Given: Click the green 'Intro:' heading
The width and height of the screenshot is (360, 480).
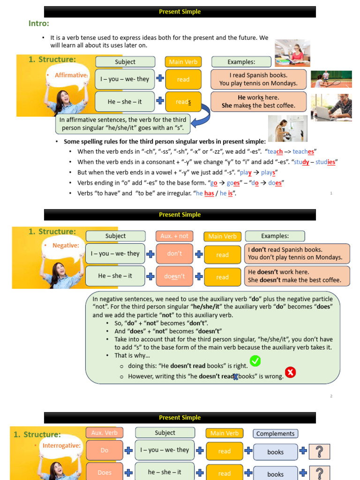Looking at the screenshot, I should (39, 23).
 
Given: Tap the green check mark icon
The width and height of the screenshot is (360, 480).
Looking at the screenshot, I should (255, 361).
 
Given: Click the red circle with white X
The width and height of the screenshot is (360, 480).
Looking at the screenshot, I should (290, 373).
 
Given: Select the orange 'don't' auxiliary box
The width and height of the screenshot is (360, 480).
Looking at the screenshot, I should (174, 254).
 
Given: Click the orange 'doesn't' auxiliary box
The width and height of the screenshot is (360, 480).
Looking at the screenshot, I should (174, 277).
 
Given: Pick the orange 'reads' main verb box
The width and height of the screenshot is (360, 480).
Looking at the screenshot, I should (183, 102).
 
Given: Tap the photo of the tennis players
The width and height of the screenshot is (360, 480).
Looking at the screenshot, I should (331, 79).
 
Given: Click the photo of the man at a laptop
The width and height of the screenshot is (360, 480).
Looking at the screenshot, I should (331, 106).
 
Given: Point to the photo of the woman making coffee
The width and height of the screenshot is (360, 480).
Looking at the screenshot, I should (287, 128).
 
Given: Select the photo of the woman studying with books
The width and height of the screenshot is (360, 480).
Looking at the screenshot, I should (292, 52).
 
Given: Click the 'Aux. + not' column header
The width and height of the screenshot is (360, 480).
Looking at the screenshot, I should (174, 236).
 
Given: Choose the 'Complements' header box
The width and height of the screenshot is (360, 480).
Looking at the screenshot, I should (276, 434).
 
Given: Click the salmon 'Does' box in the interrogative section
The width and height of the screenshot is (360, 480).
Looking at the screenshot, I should (105, 472).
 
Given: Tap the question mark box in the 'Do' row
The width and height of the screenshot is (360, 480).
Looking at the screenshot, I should (319, 451).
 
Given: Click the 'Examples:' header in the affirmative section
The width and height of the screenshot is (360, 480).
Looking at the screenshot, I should (241, 62).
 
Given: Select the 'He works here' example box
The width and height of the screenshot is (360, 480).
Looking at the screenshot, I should (259, 101).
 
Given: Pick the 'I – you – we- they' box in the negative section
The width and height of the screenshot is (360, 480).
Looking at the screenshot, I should (115, 254).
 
